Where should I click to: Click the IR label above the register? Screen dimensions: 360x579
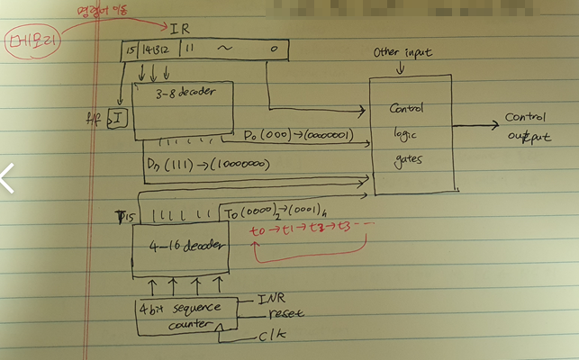[181, 29]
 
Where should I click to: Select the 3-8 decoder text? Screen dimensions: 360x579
[176, 94]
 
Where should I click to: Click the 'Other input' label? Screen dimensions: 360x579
[403, 53]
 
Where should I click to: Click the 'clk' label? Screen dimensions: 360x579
[275, 338]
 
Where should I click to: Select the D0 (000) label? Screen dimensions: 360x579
[297, 136]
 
